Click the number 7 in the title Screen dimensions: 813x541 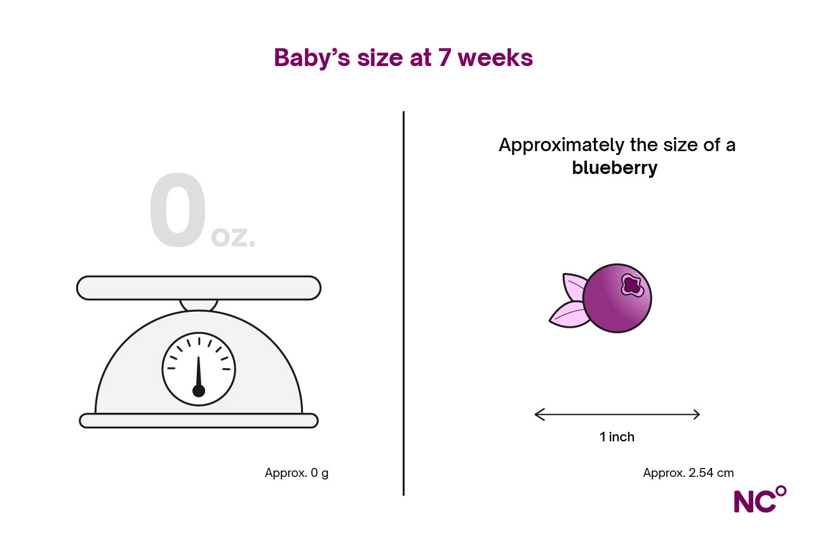point(445,57)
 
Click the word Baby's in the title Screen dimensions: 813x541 point(312,58)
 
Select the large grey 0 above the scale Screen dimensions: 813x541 point(178,210)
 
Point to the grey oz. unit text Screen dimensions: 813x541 point(233,237)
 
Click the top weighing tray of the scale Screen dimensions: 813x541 point(199,288)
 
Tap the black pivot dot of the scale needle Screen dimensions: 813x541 point(199,391)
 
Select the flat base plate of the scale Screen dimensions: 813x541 point(199,420)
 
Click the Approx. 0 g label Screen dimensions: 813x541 point(297,473)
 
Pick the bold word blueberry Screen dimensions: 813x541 point(614,168)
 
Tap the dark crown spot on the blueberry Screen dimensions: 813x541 point(632,285)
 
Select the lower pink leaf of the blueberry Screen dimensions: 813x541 point(568,314)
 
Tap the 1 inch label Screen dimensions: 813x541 point(617,437)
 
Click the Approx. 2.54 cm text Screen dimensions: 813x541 point(688,473)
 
